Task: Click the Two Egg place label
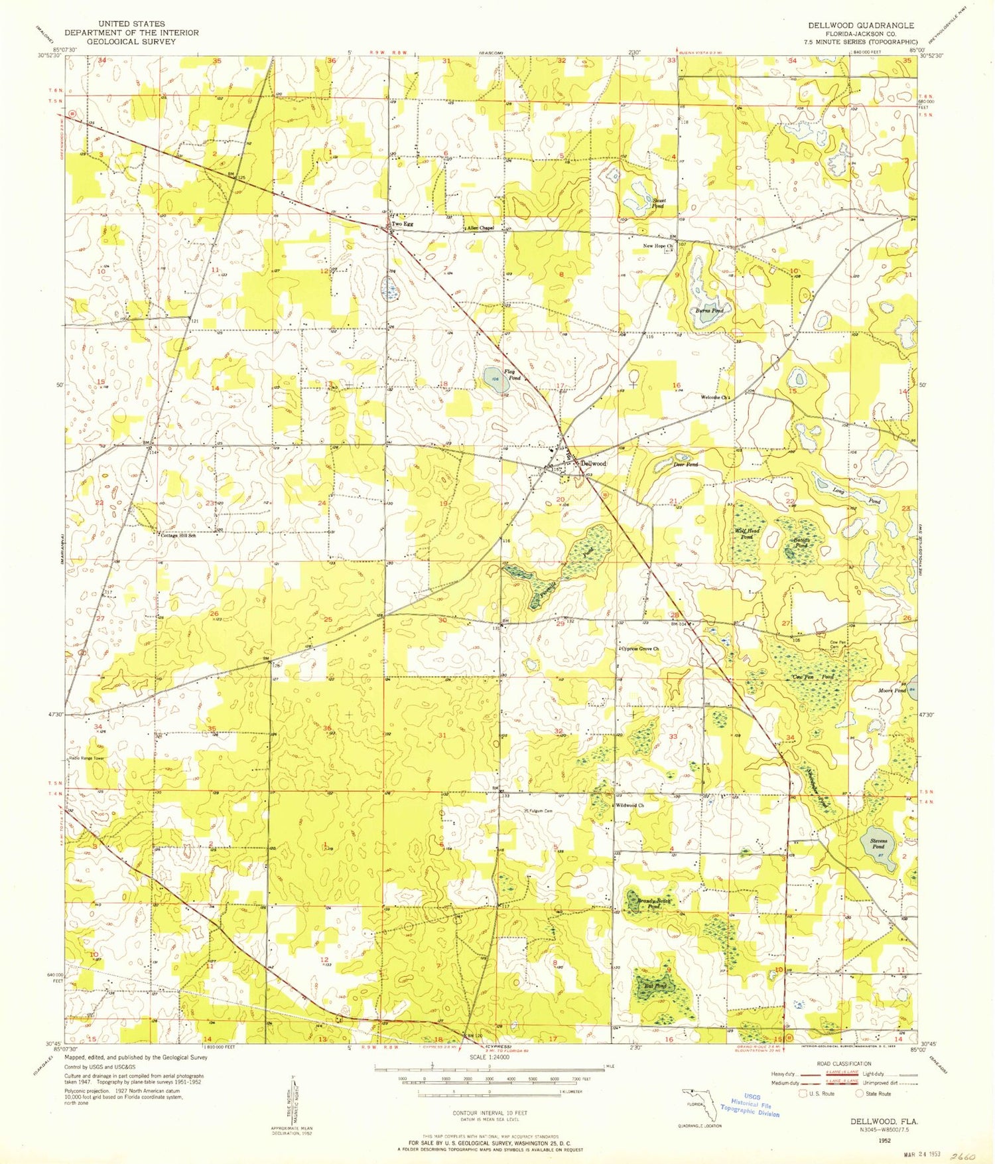coord(402,224)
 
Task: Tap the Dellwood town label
coord(593,464)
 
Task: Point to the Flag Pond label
coord(512,375)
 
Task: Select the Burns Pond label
coord(708,310)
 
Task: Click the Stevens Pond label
coord(878,843)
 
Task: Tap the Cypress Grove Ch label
coord(640,648)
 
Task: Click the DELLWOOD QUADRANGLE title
coord(860,25)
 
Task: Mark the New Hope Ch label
coord(657,246)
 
